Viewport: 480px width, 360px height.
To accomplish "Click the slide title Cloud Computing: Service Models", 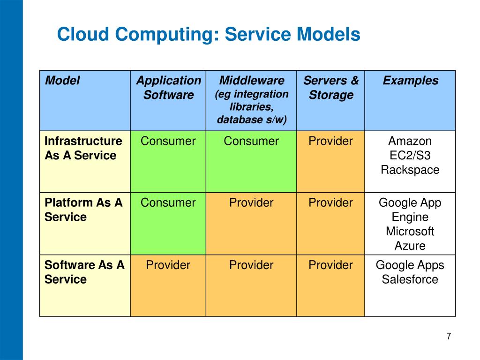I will pyautogui.click(x=208, y=35).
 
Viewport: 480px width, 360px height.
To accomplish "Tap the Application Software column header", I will pyautogui.click(x=168, y=88).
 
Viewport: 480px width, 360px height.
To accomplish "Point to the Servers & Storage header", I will pyautogui.click(x=330, y=88).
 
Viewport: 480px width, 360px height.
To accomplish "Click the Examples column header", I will pyautogui.click(x=410, y=81).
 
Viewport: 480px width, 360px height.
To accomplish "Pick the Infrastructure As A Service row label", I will pyautogui.click(x=83, y=148).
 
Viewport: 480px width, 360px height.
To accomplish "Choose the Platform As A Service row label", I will pyautogui.click(x=83, y=210).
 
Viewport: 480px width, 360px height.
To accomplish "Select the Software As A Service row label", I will pyautogui.click(x=84, y=272).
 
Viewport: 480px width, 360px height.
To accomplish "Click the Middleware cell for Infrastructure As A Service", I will pyautogui.click(x=251, y=141).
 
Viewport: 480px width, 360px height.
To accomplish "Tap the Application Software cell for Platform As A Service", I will pyautogui.click(x=168, y=203).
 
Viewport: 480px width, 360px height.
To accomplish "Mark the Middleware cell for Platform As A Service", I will pyautogui.click(x=251, y=203).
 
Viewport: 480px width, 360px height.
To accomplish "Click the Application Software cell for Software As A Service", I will pyautogui.click(x=168, y=265).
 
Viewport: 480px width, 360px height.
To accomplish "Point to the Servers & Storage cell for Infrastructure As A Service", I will pyautogui.click(x=330, y=141).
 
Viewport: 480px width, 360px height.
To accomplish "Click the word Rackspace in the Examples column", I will pyautogui.click(x=410, y=170).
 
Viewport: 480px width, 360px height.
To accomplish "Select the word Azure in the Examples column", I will pyautogui.click(x=410, y=246).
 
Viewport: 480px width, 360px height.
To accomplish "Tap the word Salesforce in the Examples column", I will pyautogui.click(x=410, y=279).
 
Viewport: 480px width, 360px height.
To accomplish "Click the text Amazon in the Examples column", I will pyautogui.click(x=410, y=141).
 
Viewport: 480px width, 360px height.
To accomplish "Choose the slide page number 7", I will pyautogui.click(x=449, y=336).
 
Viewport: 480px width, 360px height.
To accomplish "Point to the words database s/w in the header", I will pyautogui.click(x=251, y=120).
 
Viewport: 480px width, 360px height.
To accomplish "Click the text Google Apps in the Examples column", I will pyautogui.click(x=410, y=265).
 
